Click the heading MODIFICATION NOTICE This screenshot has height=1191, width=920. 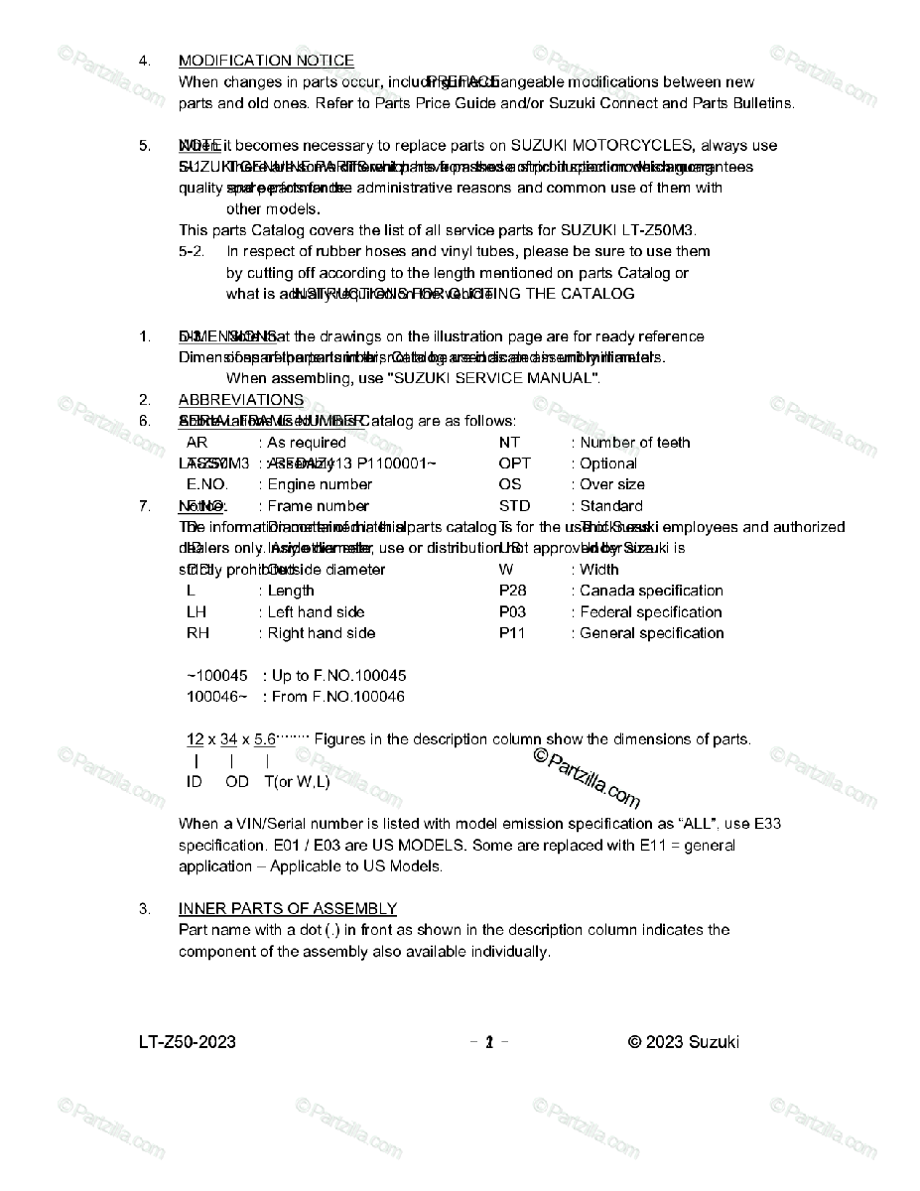pyautogui.click(x=266, y=61)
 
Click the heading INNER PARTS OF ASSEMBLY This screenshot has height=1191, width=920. pyautogui.click(x=287, y=908)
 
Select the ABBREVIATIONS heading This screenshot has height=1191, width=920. pyautogui.click(x=241, y=400)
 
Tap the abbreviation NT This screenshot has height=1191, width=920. pyautogui.click(x=509, y=443)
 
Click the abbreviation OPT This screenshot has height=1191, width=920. pyautogui.click(x=514, y=463)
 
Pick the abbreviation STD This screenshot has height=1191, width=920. pyautogui.click(x=514, y=506)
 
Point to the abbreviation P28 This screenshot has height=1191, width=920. pyautogui.click(x=512, y=591)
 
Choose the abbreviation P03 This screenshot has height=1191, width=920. pyautogui.click(x=512, y=612)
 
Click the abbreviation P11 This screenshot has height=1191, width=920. pyautogui.click(x=512, y=633)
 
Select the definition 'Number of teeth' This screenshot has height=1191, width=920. pyautogui.click(x=635, y=443)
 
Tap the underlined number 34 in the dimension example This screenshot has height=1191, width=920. pyautogui.click(x=228, y=739)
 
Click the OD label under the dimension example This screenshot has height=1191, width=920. pyautogui.click(x=237, y=782)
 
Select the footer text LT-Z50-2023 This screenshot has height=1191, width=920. pyautogui.click(x=188, y=1042)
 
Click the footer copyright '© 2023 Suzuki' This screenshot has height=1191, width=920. pyautogui.click(x=684, y=1042)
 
